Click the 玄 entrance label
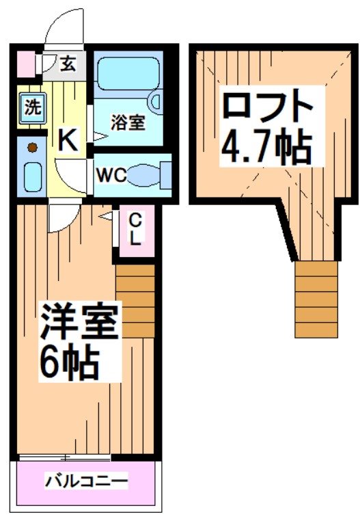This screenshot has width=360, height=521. [68, 65]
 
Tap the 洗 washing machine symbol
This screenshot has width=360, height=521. [31, 108]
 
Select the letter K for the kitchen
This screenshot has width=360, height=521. [68, 141]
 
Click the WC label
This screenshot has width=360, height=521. [110, 175]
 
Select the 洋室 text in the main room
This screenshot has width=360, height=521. [79, 322]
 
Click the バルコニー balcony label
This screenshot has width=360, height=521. [86, 481]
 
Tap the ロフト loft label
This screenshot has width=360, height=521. [267, 107]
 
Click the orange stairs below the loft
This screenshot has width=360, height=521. [316, 299]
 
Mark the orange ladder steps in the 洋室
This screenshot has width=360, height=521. [135, 300]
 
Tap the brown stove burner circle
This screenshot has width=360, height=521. [31, 146]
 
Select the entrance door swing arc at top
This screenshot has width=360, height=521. [64, 27]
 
